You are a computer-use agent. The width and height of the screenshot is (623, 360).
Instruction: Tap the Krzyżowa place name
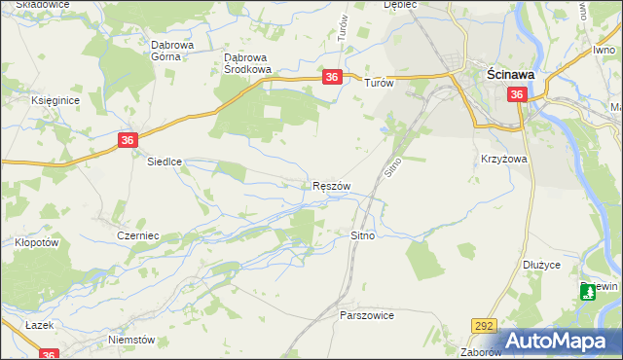[x=503, y=159]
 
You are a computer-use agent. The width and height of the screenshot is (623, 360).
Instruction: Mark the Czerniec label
[x=137, y=235]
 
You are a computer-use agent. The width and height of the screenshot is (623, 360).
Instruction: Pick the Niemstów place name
[x=133, y=340]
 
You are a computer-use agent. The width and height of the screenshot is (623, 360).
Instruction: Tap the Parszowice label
[x=366, y=316]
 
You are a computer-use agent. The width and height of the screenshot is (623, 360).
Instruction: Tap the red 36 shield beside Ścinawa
[x=517, y=94]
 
